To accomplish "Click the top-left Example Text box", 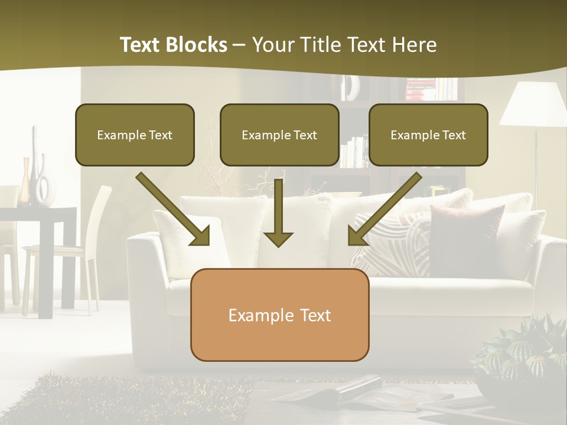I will click(x=135, y=135).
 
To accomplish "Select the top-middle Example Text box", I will click(x=279, y=135).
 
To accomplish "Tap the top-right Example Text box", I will click(x=428, y=135).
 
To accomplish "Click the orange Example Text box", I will click(x=279, y=315).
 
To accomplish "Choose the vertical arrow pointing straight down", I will click(x=278, y=212).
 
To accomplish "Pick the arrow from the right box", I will click(x=384, y=210).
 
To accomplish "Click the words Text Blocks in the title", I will click(x=173, y=45).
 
